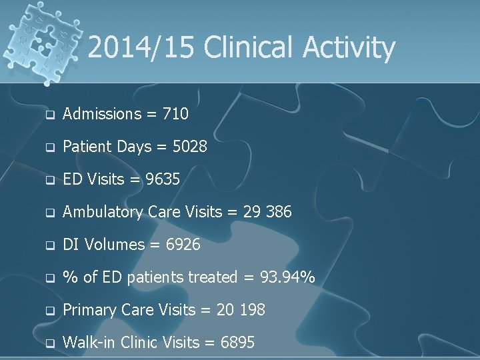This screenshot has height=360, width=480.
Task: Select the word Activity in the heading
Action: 349,48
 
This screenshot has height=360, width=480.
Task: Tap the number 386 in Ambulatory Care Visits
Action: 277,212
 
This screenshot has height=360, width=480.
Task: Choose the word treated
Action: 212,277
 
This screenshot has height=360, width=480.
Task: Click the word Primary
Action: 87,310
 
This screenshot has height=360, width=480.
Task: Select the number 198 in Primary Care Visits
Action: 251,310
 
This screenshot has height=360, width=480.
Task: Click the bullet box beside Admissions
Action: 49,115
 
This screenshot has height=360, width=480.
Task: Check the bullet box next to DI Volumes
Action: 49,245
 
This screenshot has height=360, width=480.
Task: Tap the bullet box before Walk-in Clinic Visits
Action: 49,343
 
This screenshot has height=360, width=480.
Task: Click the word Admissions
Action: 101,114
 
